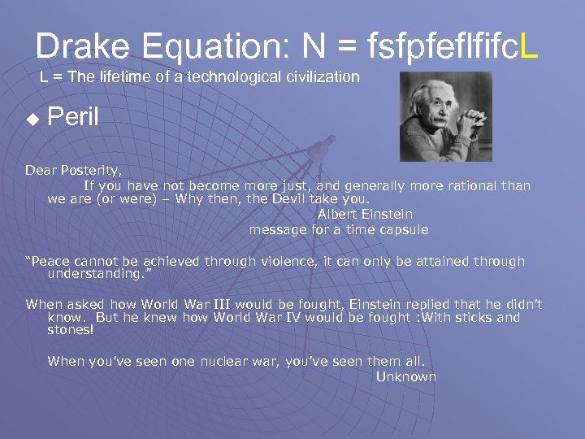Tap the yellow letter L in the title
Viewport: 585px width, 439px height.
tap(528, 46)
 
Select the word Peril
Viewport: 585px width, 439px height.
tap(73, 117)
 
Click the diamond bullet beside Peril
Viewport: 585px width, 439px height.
tap(32, 119)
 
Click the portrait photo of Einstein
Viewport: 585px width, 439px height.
tap(445, 116)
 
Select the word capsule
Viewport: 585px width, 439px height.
tap(401, 230)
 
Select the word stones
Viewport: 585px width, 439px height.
tap(70, 331)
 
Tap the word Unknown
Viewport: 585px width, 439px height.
tap(406, 377)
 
